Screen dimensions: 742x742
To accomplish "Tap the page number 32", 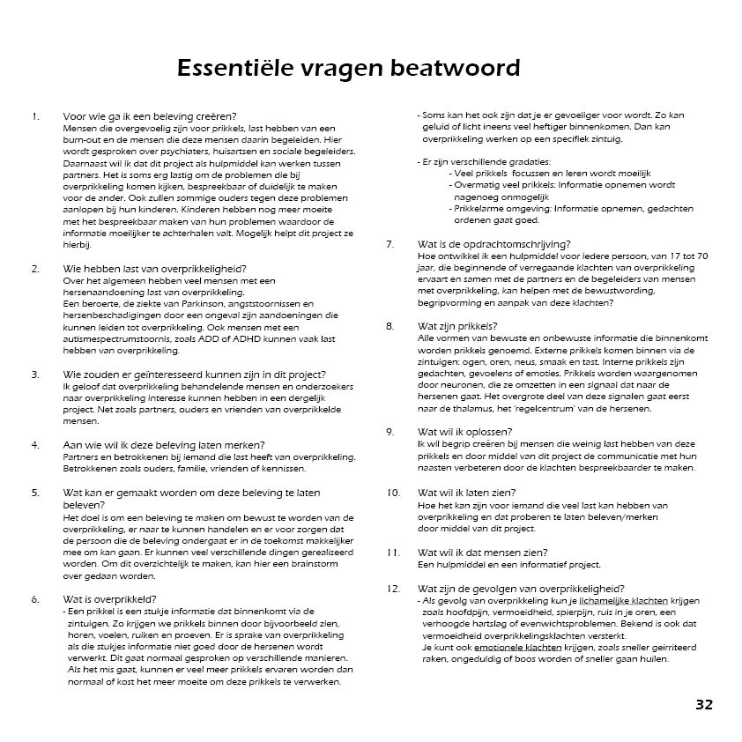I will [x=703, y=704].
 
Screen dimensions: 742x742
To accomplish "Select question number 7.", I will [x=390, y=244].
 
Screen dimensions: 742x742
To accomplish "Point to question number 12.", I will [x=392, y=589].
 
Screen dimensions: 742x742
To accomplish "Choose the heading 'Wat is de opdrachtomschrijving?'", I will [x=493, y=244].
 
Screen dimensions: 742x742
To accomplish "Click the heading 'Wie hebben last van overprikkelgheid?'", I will [x=155, y=268].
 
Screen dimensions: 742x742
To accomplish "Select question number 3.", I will [x=35, y=374].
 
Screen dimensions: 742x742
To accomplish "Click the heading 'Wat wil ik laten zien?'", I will [x=466, y=493].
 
